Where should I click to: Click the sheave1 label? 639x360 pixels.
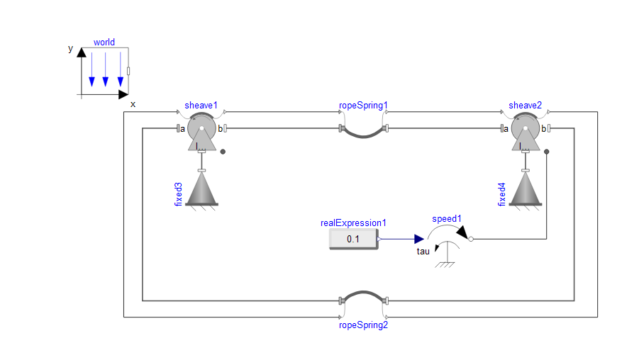click(201, 105)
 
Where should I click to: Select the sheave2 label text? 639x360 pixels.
click(525, 105)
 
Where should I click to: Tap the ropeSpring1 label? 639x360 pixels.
click(363, 106)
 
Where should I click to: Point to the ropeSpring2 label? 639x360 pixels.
click(363, 325)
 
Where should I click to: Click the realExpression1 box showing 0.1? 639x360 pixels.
click(353, 239)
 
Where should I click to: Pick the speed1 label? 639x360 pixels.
click(447, 219)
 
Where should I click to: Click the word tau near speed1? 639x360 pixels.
click(423, 252)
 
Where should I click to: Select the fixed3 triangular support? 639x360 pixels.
click(201, 189)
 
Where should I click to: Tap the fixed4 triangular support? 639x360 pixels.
click(526, 189)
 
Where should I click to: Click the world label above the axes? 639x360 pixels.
click(104, 43)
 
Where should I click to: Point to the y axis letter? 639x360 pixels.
click(70, 49)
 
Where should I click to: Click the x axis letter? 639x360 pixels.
click(133, 104)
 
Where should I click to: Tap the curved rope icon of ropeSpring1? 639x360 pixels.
click(363, 136)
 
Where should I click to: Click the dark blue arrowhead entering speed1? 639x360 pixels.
click(419, 239)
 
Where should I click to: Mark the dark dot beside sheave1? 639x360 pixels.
click(223, 152)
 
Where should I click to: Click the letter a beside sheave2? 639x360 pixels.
click(506, 129)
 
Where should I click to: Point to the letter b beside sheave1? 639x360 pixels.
click(220, 129)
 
